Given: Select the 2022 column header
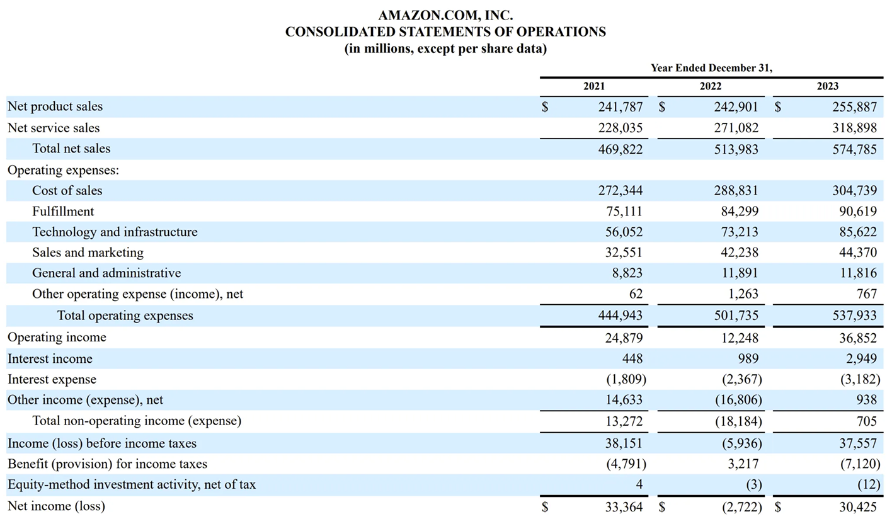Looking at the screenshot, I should (711, 87).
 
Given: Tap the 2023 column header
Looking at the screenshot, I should (828, 87).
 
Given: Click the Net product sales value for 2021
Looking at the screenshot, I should (620, 107).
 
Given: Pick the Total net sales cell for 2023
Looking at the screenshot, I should (854, 149).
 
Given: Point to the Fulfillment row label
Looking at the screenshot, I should (63, 212).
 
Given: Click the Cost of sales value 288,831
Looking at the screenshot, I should (736, 191).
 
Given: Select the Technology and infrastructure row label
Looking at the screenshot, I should (115, 232).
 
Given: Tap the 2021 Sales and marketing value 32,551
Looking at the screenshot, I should (624, 253).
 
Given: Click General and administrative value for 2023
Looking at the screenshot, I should (857, 273).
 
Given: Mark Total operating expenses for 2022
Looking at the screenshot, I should (736, 316).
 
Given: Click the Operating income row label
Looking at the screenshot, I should (57, 338).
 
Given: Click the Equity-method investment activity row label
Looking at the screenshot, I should (132, 485).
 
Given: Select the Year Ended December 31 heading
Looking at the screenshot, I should (711, 68).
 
